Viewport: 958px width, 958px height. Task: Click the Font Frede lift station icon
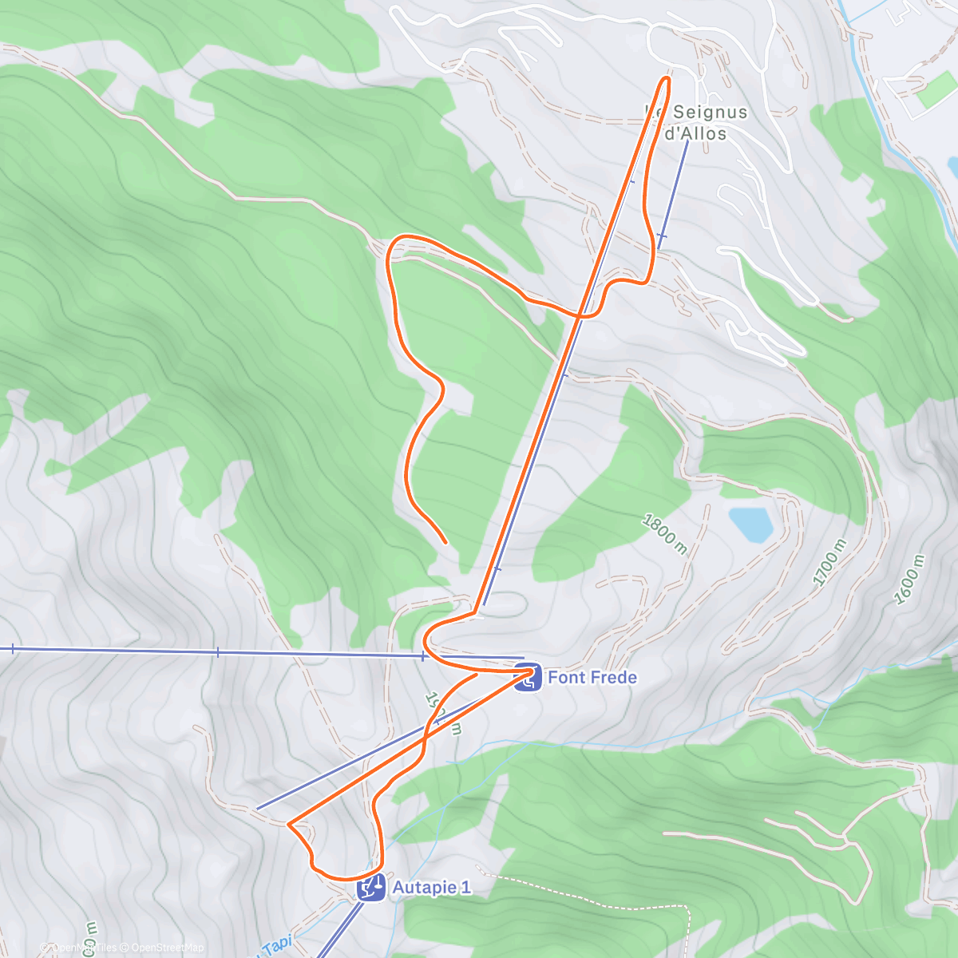pyautogui.click(x=526, y=678)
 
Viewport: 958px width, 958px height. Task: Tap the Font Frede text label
pyautogui.click(x=592, y=678)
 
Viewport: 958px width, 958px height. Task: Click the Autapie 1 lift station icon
pyautogui.click(x=371, y=888)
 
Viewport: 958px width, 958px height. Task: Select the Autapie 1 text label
pyautogui.click(x=431, y=888)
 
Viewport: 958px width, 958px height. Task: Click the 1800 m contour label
pyautogui.click(x=664, y=534)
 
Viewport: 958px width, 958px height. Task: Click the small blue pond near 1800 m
pyautogui.click(x=750, y=523)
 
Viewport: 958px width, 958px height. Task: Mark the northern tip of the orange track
pyautogui.click(x=666, y=77)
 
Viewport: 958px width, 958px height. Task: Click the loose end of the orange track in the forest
pyautogui.click(x=445, y=542)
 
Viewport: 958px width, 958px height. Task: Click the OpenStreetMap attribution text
pyautogui.click(x=167, y=948)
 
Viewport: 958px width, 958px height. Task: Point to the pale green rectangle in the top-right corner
pyautogui.click(x=936, y=92)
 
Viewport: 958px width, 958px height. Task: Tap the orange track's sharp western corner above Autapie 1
pyautogui.click(x=289, y=823)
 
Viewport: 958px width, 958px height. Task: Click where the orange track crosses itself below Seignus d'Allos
pyautogui.click(x=580, y=315)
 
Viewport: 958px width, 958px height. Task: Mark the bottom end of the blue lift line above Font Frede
pyautogui.click(x=483, y=604)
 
